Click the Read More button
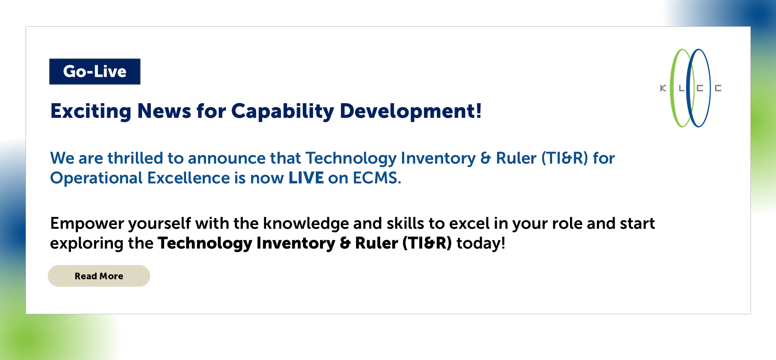point(99,276)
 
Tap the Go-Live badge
point(95,71)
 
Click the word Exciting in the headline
point(91,111)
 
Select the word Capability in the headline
point(283,111)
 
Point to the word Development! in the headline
point(411,111)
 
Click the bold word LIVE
point(306,178)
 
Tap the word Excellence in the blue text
point(189,178)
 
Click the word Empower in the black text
point(87,224)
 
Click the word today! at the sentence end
point(481,243)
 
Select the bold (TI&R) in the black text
point(427,243)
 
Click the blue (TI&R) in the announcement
point(565,158)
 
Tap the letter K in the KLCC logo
point(663,88)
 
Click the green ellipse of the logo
point(672,88)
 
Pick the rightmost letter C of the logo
point(718,88)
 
